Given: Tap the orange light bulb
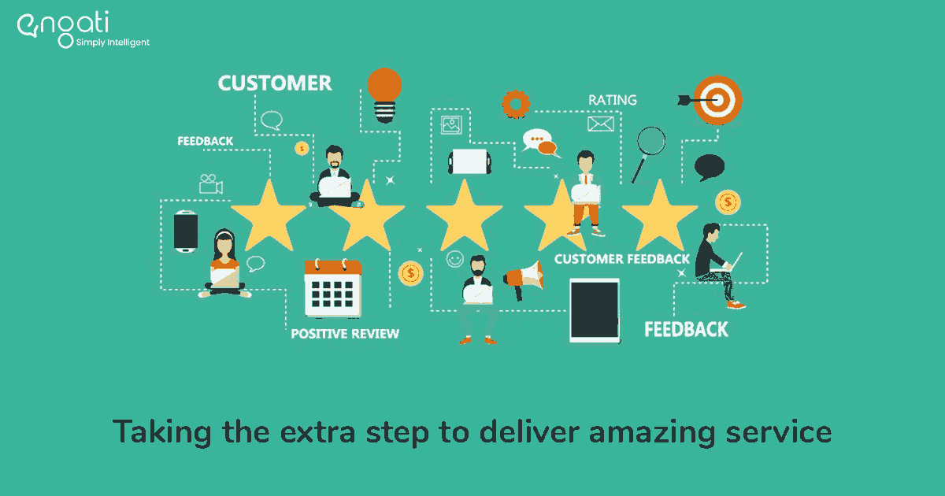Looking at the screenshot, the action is [384, 95].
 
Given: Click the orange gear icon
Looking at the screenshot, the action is [516, 104].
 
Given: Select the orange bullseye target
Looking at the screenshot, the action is [717, 101].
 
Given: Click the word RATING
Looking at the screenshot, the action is [613, 100].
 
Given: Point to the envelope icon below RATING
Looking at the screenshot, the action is [601, 124].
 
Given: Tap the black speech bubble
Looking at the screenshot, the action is [710, 168].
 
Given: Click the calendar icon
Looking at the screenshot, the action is [333, 288].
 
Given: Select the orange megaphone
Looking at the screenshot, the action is [524, 279].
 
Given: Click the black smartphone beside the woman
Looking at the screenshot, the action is [186, 231].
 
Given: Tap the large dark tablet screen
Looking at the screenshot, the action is [595, 310].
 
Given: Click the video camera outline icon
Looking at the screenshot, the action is [211, 184].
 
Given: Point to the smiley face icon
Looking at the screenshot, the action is [455, 259].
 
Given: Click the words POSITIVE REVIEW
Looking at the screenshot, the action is [345, 334].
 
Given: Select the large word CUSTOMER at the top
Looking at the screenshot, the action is [275, 83].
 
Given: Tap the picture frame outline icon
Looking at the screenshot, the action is [451, 125].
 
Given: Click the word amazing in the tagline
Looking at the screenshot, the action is [652, 433].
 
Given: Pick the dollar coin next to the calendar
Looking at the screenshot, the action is [410, 274].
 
